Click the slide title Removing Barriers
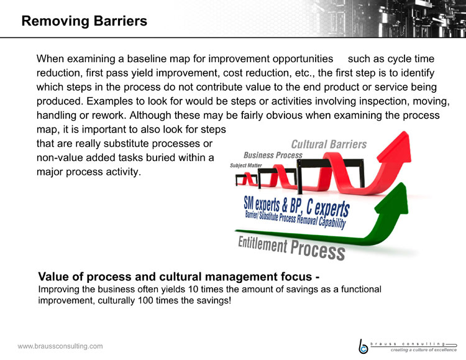85,21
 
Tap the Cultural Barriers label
329,144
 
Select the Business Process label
273,155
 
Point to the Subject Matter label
246,165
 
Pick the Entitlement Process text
291,247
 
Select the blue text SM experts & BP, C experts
296,206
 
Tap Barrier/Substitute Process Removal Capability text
295,219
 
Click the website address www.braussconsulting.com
60,346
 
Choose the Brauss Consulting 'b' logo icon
363,346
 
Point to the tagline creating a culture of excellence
424,350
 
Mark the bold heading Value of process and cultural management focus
178,277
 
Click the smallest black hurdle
247,180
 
